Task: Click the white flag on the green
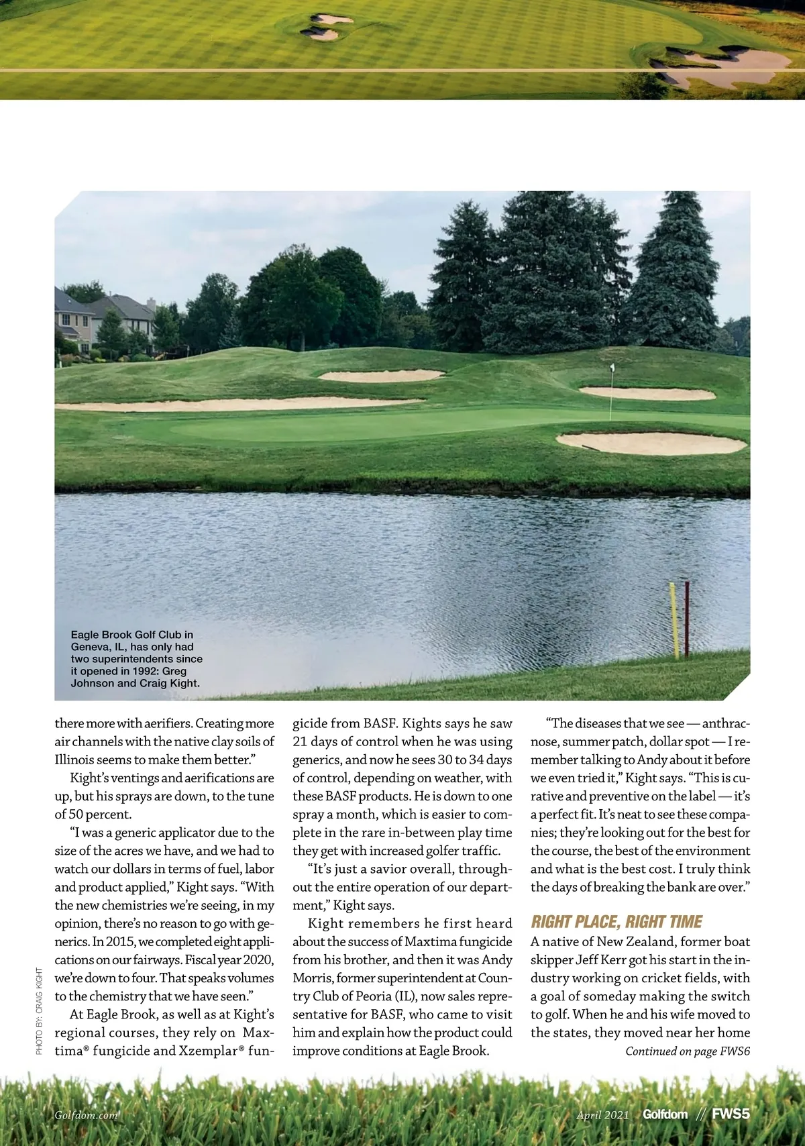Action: coord(612,368)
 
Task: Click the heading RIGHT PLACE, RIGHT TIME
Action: coord(616,922)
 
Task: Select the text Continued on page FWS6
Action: coord(687,1051)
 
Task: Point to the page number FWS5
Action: coord(731,1114)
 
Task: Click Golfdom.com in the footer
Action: coord(86,1115)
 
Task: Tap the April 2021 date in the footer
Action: coord(602,1115)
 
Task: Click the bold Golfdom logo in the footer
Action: coord(665,1114)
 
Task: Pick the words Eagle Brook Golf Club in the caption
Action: coord(131,634)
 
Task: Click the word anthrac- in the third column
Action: coord(725,723)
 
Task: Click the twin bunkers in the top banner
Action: coord(327,26)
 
